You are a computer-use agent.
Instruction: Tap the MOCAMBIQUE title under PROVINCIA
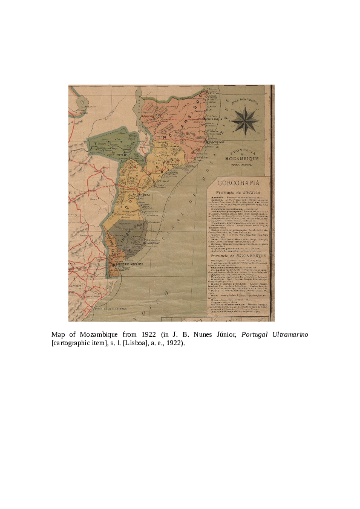242,158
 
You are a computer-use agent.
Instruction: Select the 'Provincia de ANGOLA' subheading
241,191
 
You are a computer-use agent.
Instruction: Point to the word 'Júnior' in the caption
224,334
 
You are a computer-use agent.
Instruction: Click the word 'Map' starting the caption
58,334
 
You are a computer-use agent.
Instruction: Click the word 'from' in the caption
130,334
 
